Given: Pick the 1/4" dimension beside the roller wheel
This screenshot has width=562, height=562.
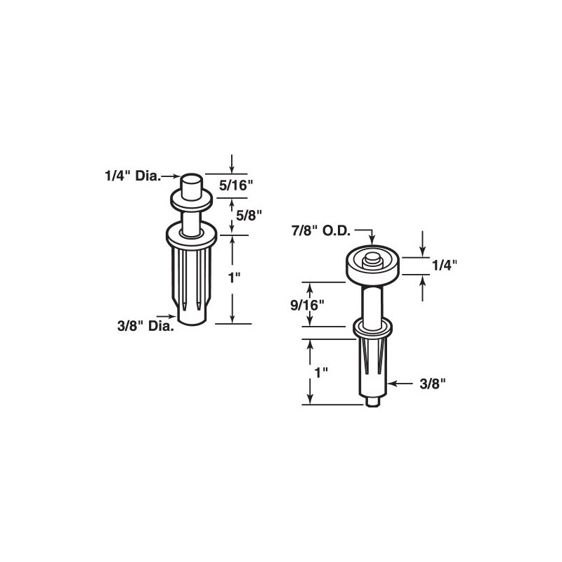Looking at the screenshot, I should pos(445,266).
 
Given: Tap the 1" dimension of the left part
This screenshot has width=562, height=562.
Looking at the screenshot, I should pos(235,277).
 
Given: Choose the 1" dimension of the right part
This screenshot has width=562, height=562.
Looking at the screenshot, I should pos(322,373).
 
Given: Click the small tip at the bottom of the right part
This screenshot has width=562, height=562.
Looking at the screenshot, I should pos(372,400).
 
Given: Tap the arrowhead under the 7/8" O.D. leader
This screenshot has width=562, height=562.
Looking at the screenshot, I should pos(371,241).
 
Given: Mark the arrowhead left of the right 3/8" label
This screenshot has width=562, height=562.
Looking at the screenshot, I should pos(391,384).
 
